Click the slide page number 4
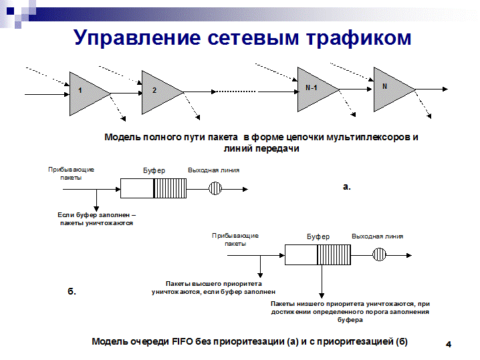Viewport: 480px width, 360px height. pyautogui.click(x=449, y=344)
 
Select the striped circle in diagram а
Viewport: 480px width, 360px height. pyautogui.click(x=215, y=188)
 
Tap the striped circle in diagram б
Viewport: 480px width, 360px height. pyautogui.click(x=379, y=254)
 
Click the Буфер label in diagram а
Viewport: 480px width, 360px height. pyautogui.click(x=154, y=170)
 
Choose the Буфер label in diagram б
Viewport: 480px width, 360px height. pyautogui.click(x=318, y=236)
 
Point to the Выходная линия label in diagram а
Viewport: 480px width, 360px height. pyautogui.click(x=214, y=170)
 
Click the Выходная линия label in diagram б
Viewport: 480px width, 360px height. pyautogui.click(x=378, y=236)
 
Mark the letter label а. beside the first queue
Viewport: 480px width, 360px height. pyautogui.click(x=346, y=187)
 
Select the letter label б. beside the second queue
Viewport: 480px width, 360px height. pyautogui.click(x=73, y=292)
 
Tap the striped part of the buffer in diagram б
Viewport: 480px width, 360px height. pyautogui.click(x=335, y=254)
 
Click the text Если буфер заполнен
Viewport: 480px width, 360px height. pyautogui.click(x=96, y=214)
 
